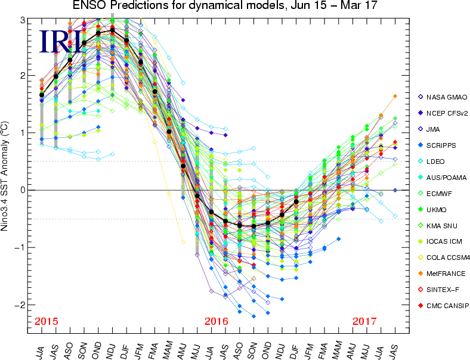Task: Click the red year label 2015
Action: point(47,321)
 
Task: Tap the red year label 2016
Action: point(217,321)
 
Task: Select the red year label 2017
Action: point(364,321)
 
